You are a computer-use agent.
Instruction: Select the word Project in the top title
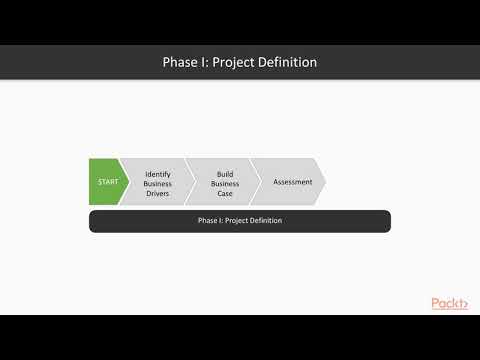pyautogui.click(x=236, y=62)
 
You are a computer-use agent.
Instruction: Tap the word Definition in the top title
pyautogui.click(x=288, y=62)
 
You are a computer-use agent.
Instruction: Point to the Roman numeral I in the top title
pyautogui.click(x=208, y=62)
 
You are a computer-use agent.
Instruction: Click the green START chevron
pyautogui.click(x=106, y=182)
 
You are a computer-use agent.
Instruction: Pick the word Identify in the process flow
pyautogui.click(x=158, y=173)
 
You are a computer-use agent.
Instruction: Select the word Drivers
pyautogui.click(x=158, y=193)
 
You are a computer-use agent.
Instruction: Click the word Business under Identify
pyautogui.click(x=158, y=183)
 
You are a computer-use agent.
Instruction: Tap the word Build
pyautogui.click(x=225, y=173)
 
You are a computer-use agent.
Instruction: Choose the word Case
pyautogui.click(x=225, y=193)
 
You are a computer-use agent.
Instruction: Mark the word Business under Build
pyautogui.click(x=225, y=183)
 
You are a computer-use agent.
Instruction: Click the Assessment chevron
pyautogui.click(x=292, y=182)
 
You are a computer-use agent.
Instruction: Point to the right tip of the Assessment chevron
pyautogui.click(x=325, y=182)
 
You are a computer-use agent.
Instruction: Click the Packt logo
pyautogui.click(x=451, y=304)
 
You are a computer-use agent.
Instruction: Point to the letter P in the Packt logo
pyautogui.click(x=436, y=304)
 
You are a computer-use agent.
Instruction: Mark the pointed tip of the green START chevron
pyautogui.click(x=128, y=182)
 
